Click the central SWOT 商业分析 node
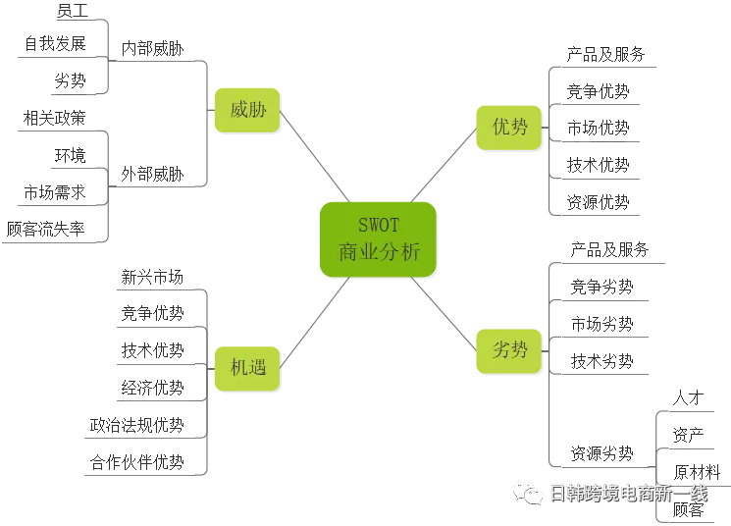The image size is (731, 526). click(x=378, y=239)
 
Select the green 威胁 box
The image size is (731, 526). click(x=247, y=110)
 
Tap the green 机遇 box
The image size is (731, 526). click(x=247, y=368)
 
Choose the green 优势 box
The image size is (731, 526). click(x=509, y=128)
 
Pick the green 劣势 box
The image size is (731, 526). click(x=509, y=350)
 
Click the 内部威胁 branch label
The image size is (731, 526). click(x=152, y=48)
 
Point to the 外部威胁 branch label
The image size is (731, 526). click(x=152, y=175)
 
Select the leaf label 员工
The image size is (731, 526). click(x=73, y=10)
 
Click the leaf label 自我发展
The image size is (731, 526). click(x=56, y=43)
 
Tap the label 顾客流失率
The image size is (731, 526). click(x=46, y=229)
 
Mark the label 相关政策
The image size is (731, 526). click(x=55, y=118)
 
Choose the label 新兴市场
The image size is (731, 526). click(x=152, y=277)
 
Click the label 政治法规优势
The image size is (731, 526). click(x=137, y=425)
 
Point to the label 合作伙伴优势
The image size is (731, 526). click(x=137, y=462)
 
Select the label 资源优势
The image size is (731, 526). click(x=599, y=202)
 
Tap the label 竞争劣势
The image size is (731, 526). click(x=601, y=287)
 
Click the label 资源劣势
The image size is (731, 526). click(x=601, y=453)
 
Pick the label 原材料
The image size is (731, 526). click(x=697, y=472)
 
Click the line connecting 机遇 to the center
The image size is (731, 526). click(x=315, y=323)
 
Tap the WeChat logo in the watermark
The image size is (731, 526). click(x=527, y=493)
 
